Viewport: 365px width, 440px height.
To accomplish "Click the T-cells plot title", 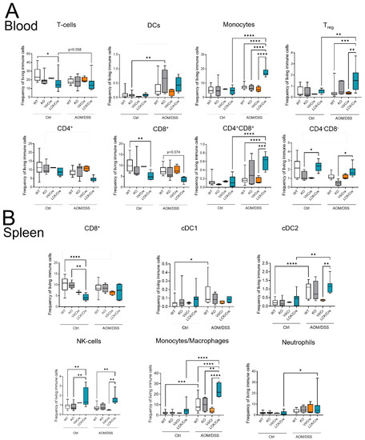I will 50,26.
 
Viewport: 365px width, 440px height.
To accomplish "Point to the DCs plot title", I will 136,26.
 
